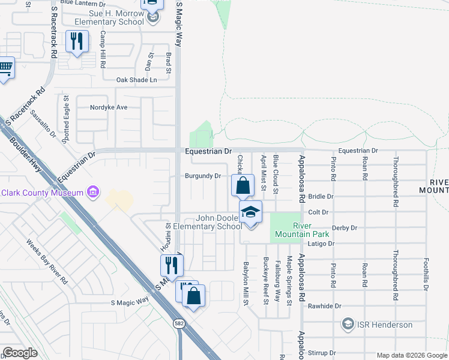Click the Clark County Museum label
41,193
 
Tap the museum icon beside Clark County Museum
93,192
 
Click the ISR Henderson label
384,325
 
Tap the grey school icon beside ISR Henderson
348,325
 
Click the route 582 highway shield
181,323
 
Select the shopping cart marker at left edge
5,70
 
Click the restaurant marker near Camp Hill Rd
76,42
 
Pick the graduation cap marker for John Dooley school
251,212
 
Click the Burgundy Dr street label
203,176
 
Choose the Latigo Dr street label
321,244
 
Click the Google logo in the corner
20,352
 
